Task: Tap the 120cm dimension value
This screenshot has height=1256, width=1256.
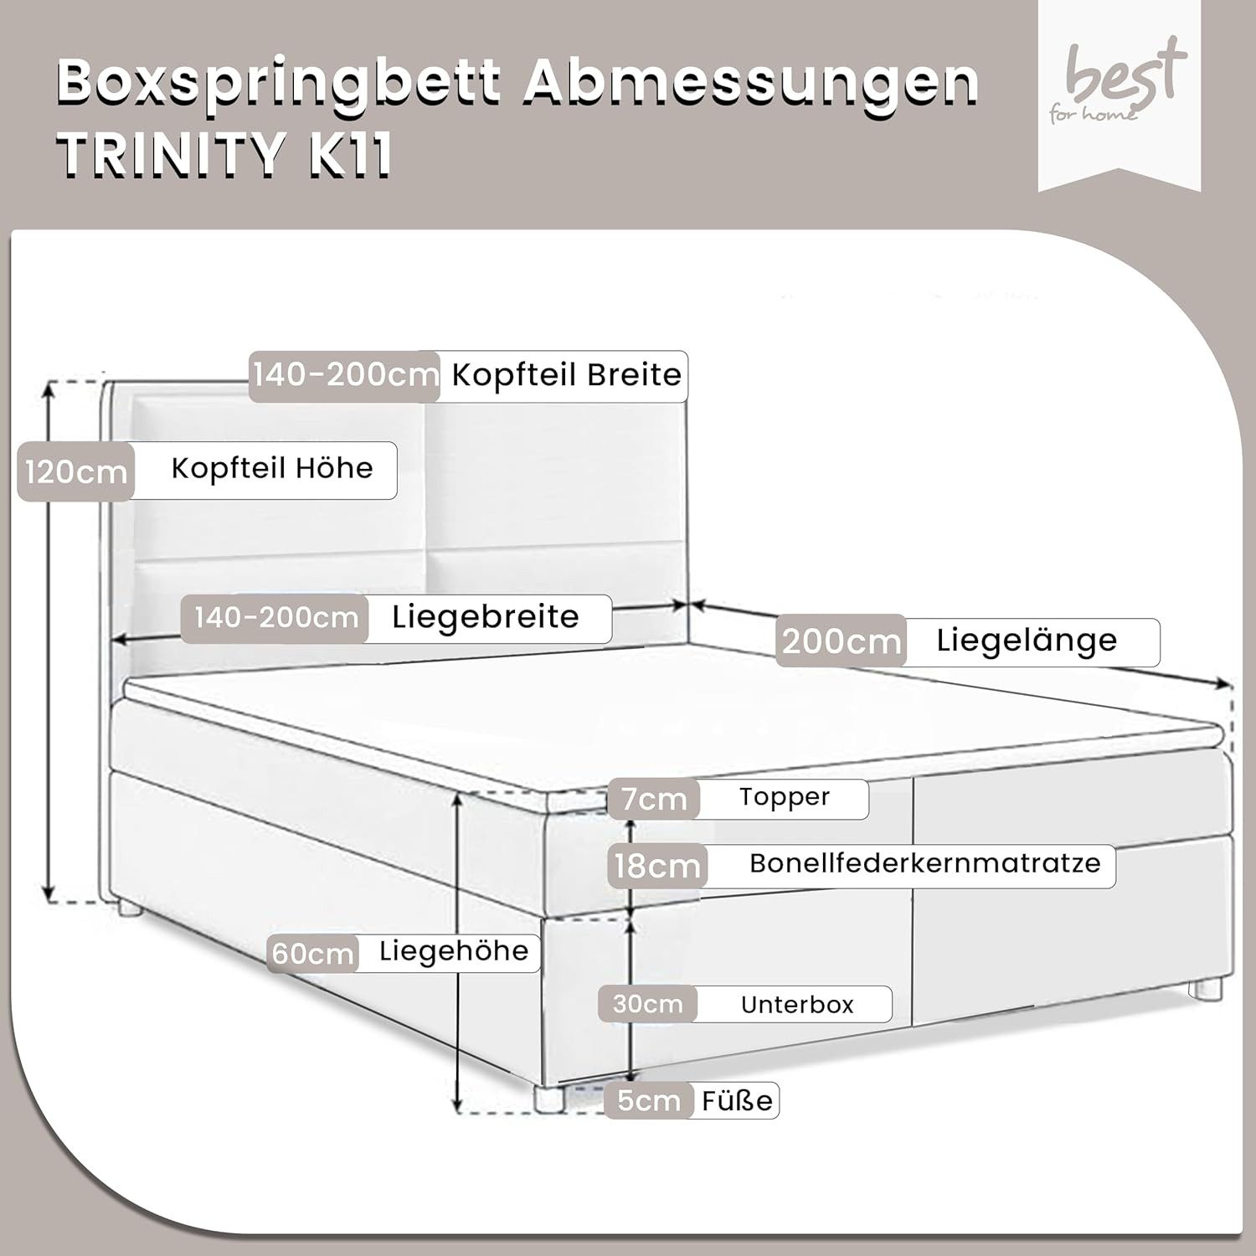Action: pyautogui.click(x=75, y=472)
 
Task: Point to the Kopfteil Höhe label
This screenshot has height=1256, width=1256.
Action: pyautogui.click(x=272, y=468)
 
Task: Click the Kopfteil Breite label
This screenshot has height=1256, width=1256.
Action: pyautogui.click(x=567, y=374)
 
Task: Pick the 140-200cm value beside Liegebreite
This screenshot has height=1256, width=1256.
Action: pyautogui.click(x=275, y=619)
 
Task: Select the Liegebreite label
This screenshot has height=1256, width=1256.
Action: pyautogui.click(x=486, y=617)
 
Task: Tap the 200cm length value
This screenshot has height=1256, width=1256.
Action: pyautogui.click(x=841, y=641)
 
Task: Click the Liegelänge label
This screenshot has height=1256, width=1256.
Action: pyautogui.click(x=1027, y=641)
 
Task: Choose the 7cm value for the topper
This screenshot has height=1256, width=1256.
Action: pyautogui.click(x=654, y=799)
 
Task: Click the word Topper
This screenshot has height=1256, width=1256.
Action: pyautogui.click(x=784, y=797)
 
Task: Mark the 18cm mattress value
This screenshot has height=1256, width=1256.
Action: pyautogui.click(x=657, y=866)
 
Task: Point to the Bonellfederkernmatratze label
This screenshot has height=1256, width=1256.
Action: pyautogui.click(x=924, y=863)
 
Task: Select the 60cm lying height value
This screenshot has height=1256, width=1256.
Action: pyautogui.click(x=312, y=953)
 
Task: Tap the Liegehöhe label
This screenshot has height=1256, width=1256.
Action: pyautogui.click(x=454, y=951)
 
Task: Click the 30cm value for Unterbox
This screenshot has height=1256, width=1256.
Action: pyautogui.click(x=647, y=1004)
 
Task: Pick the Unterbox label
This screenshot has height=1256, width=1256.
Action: pyautogui.click(x=797, y=1004)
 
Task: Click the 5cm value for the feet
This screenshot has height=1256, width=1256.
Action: pyautogui.click(x=649, y=1100)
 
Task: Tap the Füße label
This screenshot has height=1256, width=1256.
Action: pyautogui.click(x=737, y=1100)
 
